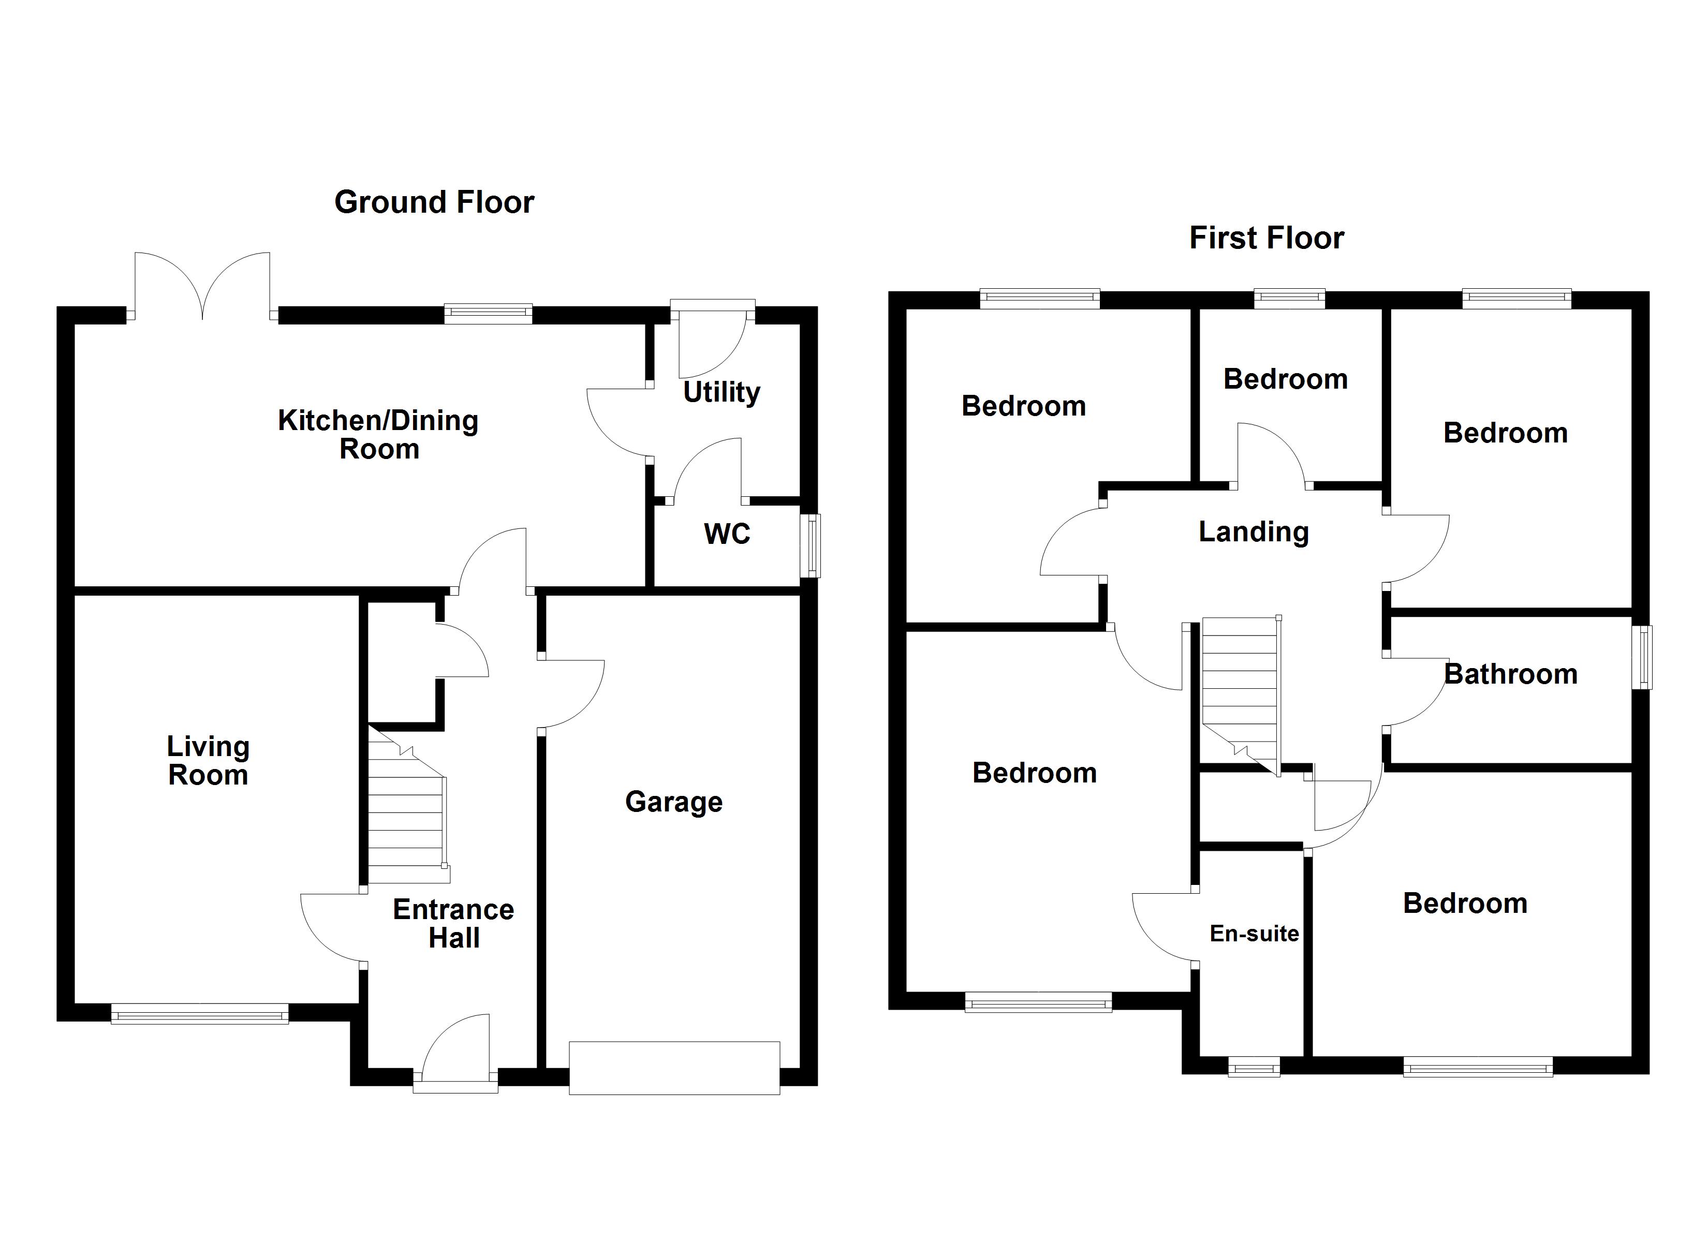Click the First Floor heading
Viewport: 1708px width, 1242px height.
(1266, 238)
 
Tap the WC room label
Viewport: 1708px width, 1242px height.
(727, 534)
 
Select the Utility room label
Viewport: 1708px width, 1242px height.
(722, 392)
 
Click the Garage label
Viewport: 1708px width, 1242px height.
(673, 802)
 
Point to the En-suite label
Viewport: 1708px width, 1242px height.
(1254, 934)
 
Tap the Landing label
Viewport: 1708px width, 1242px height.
(1253, 532)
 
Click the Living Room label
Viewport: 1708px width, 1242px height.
(208, 761)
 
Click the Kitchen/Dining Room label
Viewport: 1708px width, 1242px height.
(378, 435)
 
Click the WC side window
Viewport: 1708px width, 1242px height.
(811, 546)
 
